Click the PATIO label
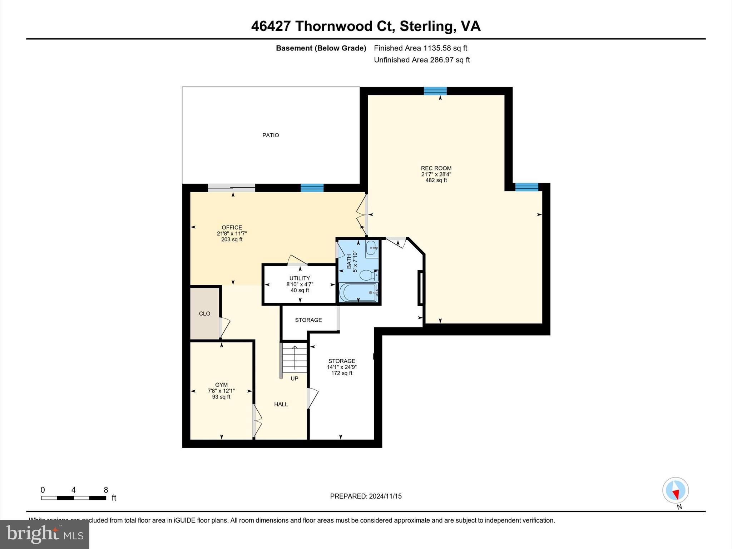tap(271, 135)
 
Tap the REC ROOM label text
tap(436, 168)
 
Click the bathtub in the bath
tap(358, 292)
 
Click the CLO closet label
tap(204, 313)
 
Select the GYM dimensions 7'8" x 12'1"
tap(221, 391)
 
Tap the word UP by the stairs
tap(294, 379)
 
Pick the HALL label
tap(281, 404)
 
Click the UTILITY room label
tap(300, 278)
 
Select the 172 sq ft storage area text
tap(342, 373)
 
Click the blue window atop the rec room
tap(435, 91)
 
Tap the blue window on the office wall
tap(312, 188)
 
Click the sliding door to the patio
tap(232, 188)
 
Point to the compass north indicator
tap(676, 491)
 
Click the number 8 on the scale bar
tap(106, 490)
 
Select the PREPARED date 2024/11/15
tap(366, 496)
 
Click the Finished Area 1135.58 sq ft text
tap(420, 48)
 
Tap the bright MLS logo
tap(45, 534)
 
